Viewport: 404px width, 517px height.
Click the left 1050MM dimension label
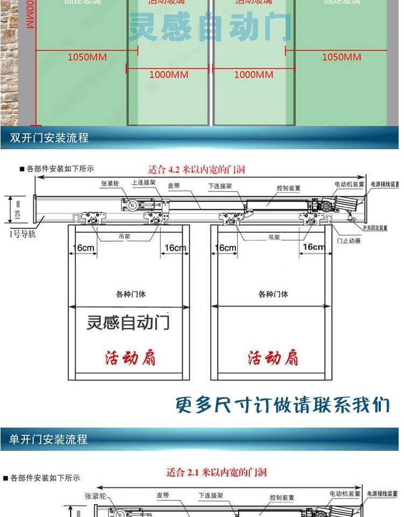(87, 57)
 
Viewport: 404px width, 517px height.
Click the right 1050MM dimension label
(342, 57)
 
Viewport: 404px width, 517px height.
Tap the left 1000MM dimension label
(169, 75)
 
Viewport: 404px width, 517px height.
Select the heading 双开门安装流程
(50, 138)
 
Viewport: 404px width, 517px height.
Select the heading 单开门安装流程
(48, 439)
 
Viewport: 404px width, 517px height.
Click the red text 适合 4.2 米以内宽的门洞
(196, 170)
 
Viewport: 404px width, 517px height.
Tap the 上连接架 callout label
(144, 183)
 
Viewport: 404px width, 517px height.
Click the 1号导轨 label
(23, 234)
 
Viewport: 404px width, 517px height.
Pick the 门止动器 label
(349, 241)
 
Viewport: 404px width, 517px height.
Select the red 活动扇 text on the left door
(130, 358)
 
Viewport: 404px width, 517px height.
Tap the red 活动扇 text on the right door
(273, 358)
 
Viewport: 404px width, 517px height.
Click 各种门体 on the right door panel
(273, 294)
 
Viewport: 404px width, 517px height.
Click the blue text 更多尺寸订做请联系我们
(282, 405)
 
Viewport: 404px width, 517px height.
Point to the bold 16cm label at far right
(314, 247)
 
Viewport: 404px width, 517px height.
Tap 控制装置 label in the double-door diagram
(288, 188)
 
